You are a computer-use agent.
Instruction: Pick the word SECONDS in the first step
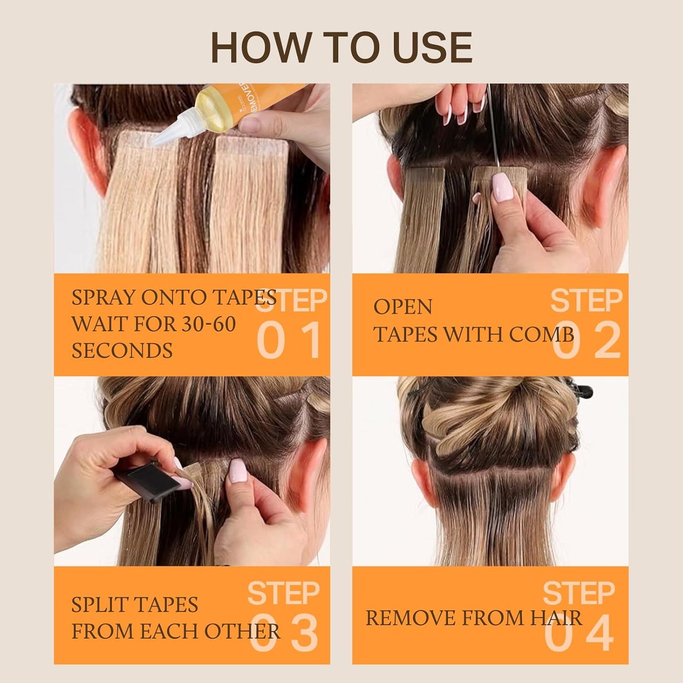pos(122,351)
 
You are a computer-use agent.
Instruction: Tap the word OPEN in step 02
pos(403,307)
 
